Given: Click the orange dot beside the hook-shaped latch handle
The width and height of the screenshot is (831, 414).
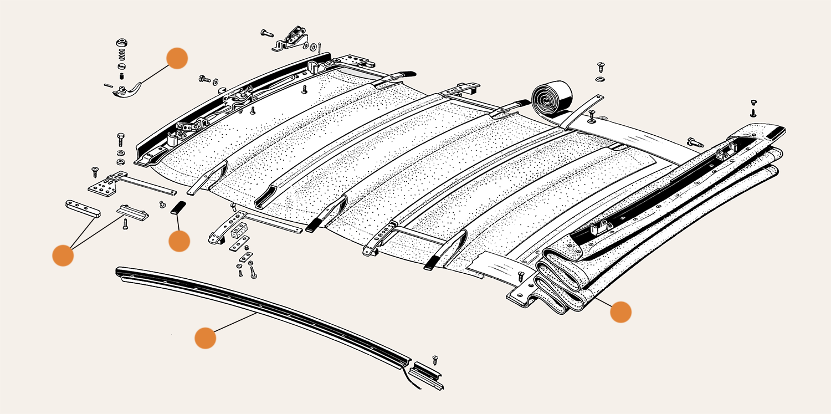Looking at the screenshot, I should pos(177,58).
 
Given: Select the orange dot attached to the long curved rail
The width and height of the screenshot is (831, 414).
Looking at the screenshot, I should pos(205,338).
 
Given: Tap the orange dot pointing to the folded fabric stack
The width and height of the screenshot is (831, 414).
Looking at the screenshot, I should pos(620,312).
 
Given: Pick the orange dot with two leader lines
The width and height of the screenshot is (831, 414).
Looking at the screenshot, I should pos(63,255).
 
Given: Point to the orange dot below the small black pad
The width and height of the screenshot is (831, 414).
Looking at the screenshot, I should pos(179,241).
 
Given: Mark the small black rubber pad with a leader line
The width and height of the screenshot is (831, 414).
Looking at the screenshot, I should pos(177,208).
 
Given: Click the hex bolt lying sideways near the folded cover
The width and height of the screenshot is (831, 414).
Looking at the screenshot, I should pos(695,142).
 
